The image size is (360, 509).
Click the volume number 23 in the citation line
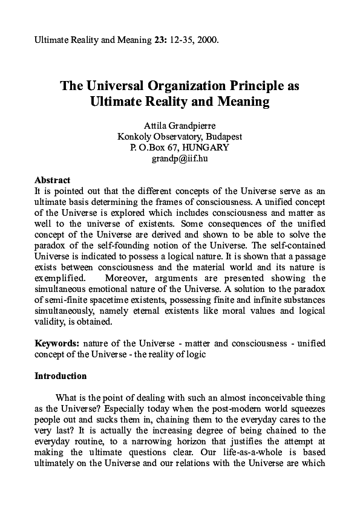tap(160, 41)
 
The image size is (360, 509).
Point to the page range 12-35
tap(183, 41)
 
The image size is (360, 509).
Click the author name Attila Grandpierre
tap(180, 126)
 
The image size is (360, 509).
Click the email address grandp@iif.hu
tap(180, 158)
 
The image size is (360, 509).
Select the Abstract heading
tap(52, 180)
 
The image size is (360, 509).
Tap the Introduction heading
tap(61, 376)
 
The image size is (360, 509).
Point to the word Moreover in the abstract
tap(126, 278)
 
